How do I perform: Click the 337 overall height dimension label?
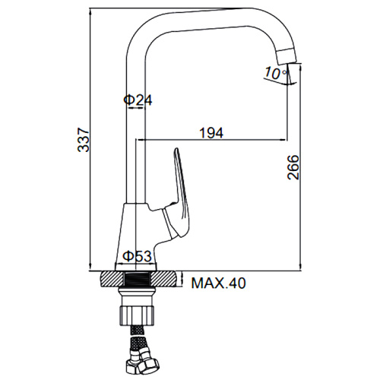point(84,140)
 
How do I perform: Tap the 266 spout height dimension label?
point(293,167)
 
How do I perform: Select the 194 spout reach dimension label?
point(211,133)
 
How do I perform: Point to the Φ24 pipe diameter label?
point(138,100)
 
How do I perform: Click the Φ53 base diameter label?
point(137,256)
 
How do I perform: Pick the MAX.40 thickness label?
point(218,283)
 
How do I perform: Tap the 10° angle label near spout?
point(276,73)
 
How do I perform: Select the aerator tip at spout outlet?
point(287,56)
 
